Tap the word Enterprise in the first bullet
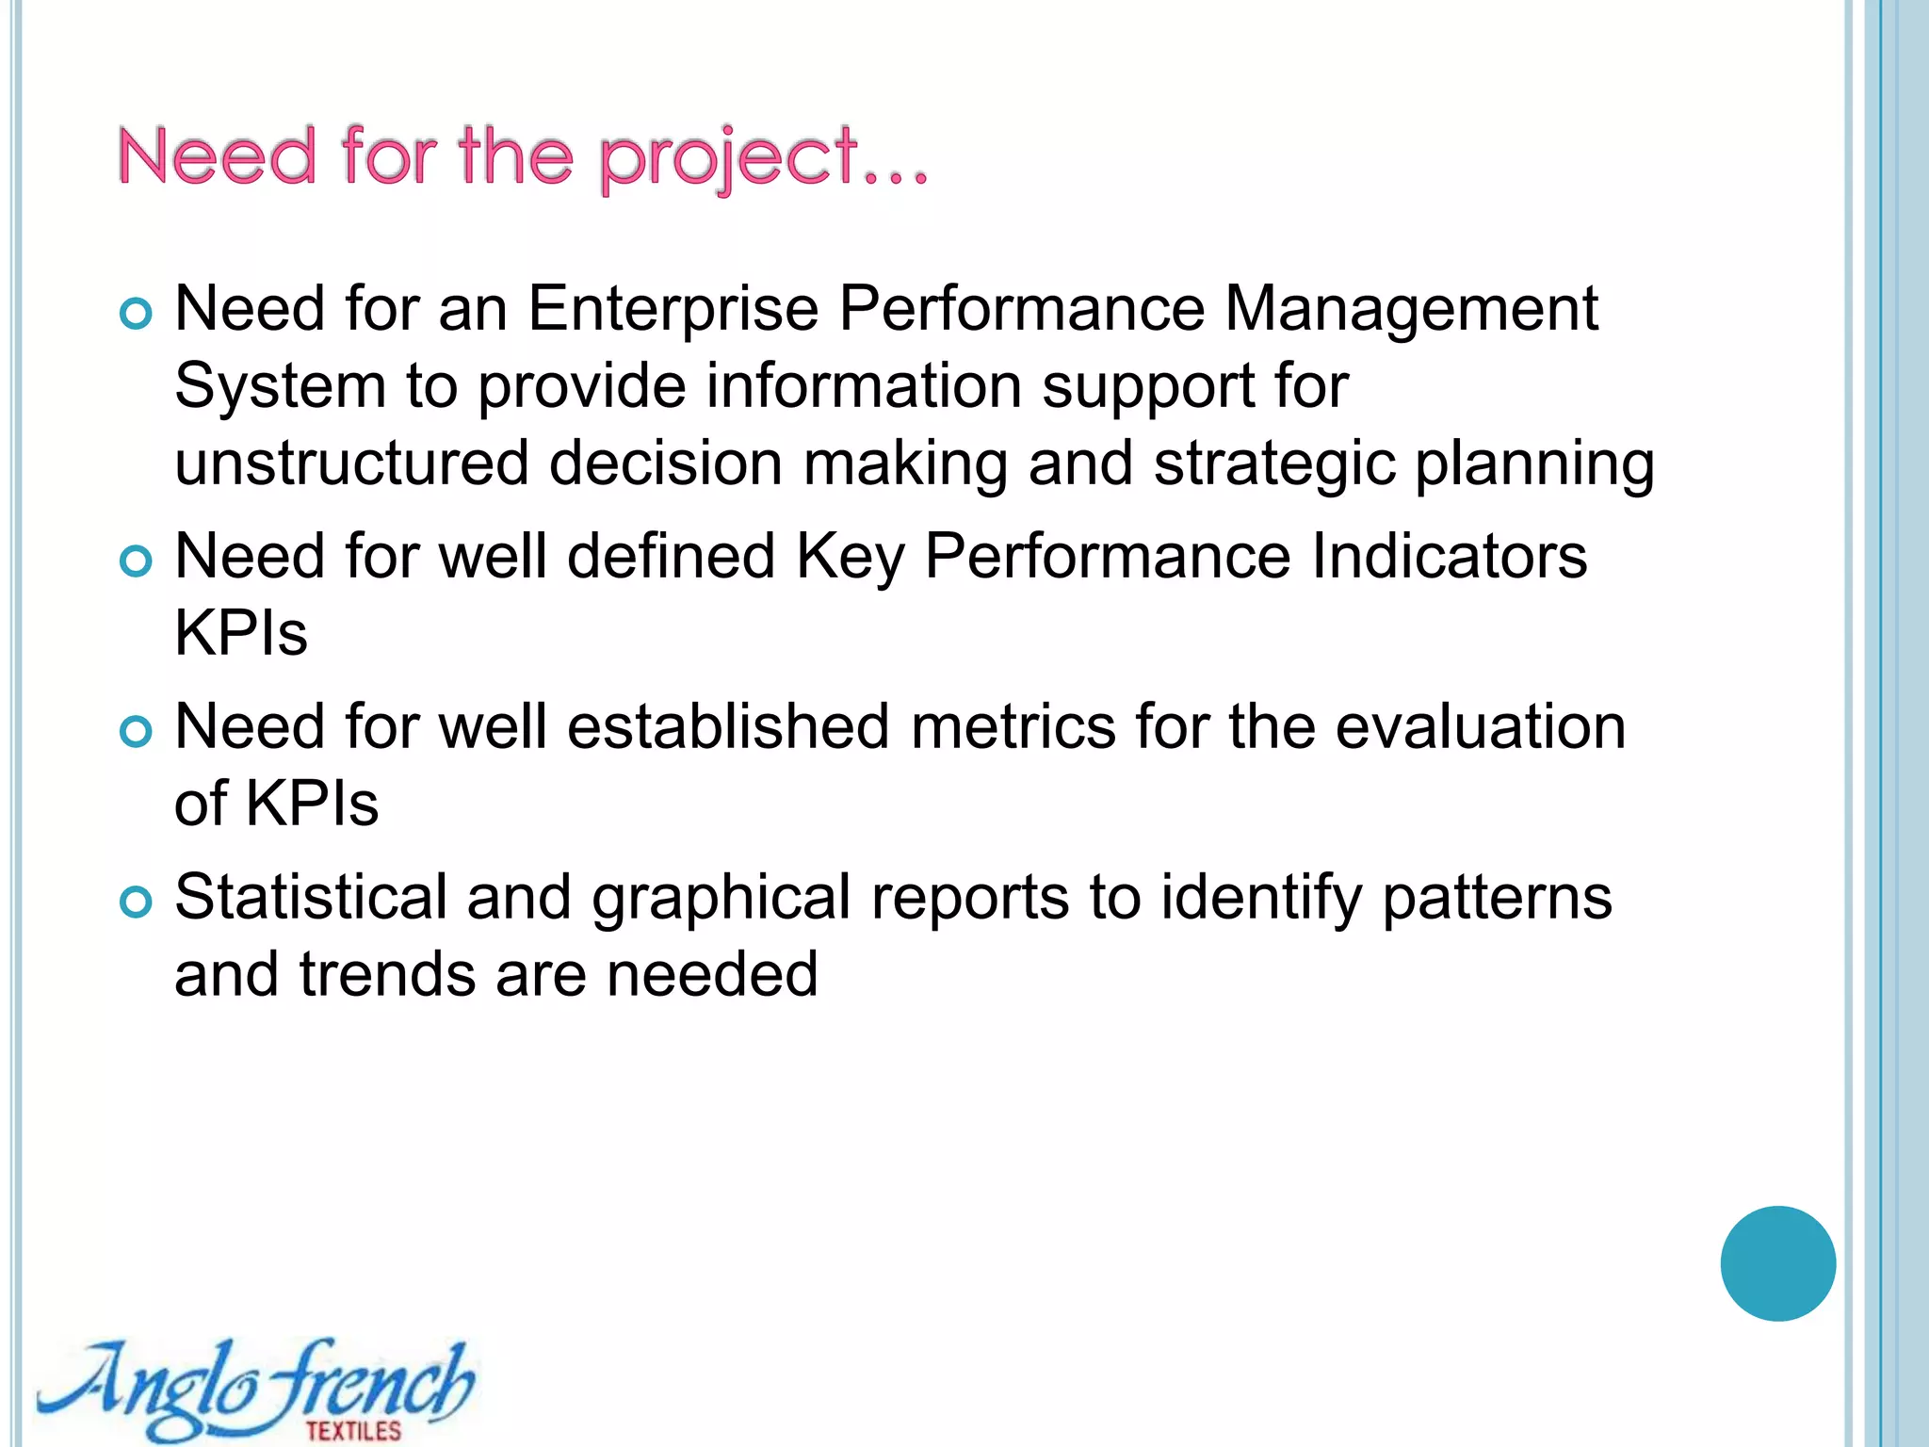pos(673,309)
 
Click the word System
pos(280,386)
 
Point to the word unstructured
pos(351,463)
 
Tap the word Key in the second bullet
pos(849,556)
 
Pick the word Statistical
pos(311,897)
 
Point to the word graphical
pos(721,897)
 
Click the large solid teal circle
pos(1777,1263)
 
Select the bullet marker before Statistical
pos(137,902)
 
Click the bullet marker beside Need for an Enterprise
pos(137,314)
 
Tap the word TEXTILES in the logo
pos(353,1430)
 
